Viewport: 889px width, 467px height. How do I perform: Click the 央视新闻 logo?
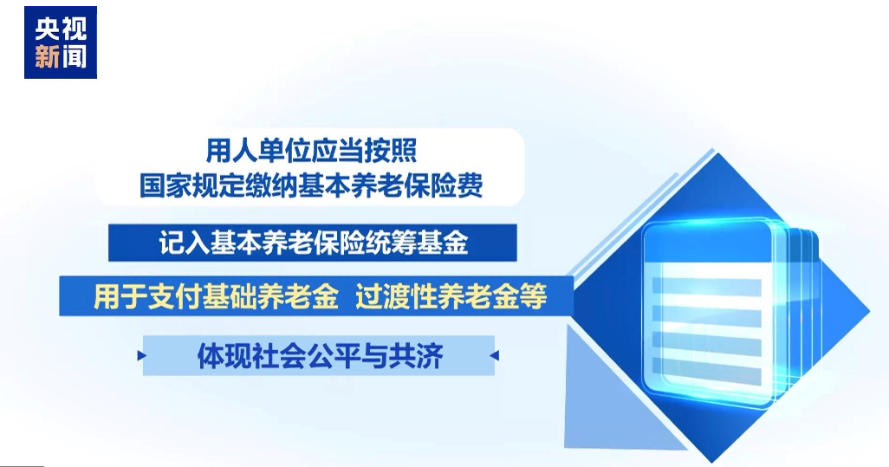[61, 42]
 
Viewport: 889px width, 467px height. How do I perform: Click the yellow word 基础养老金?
[269, 295]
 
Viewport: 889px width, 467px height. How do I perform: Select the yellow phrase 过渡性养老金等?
[451, 295]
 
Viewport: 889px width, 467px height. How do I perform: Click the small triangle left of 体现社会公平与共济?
[142, 356]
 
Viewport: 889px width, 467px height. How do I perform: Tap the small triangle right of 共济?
[495, 356]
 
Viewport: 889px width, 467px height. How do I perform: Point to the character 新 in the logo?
[47, 57]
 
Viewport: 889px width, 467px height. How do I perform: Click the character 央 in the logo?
[47, 29]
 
